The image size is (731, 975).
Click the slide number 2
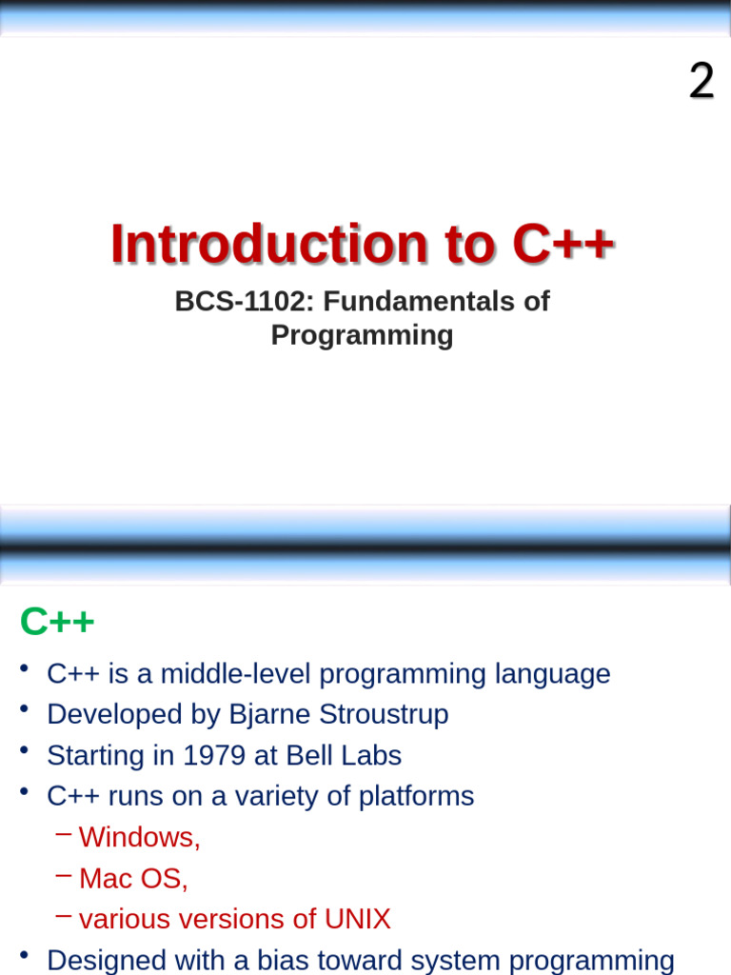coord(701,82)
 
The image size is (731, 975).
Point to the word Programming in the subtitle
coord(362,335)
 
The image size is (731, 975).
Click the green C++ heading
coord(57,623)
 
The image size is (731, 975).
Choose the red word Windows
coord(138,838)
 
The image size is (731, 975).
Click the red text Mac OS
coord(133,879)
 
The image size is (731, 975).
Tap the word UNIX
coord(357,920)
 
